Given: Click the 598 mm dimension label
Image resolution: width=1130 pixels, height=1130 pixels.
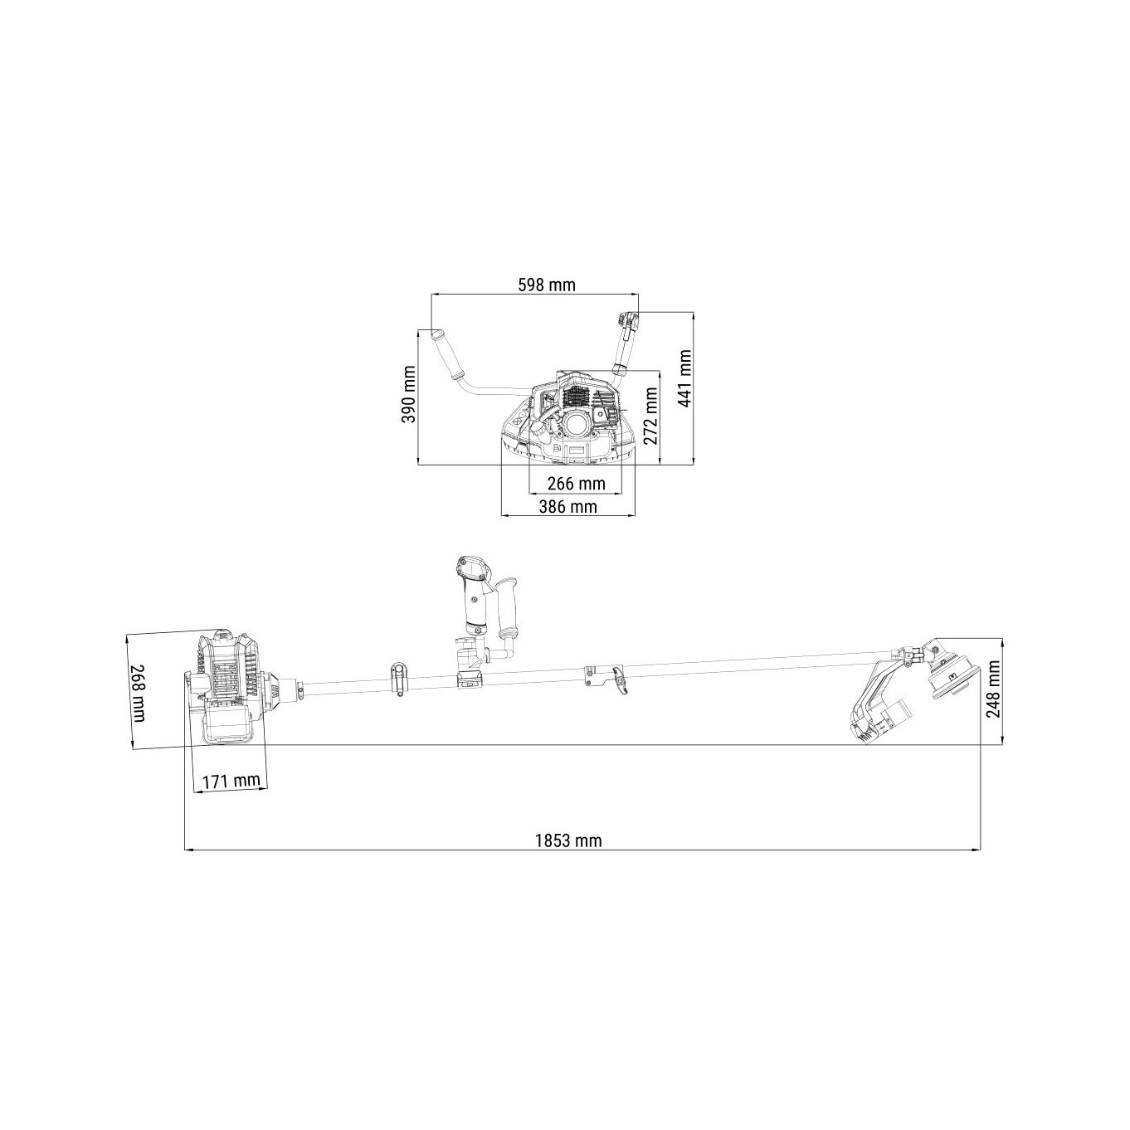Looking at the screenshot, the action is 547,285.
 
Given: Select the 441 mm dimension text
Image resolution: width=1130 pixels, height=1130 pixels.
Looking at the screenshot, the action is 684,377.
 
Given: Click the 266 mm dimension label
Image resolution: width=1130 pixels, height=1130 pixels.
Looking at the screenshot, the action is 576,484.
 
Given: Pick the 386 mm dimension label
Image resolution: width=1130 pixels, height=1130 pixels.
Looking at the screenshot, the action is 567,505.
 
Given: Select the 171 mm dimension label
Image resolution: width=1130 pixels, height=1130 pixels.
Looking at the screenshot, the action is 231,781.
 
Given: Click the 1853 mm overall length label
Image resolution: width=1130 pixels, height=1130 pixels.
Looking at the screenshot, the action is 568,840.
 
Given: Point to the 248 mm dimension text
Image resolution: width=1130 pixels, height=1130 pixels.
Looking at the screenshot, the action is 993,688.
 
